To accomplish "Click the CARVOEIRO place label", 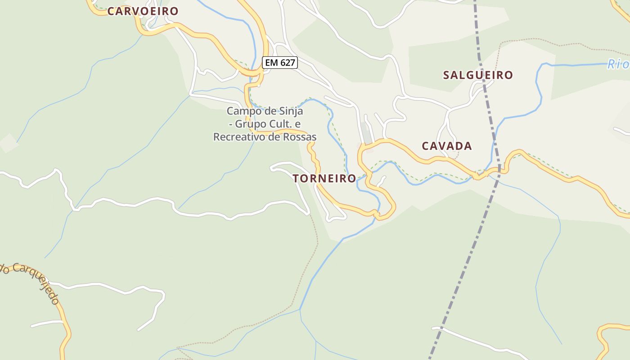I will [x=143, y=11].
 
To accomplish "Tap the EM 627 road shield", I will [x=280, y=63].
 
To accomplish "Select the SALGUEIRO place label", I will [x=478, y=75].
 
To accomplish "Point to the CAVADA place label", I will [x=447, y=146].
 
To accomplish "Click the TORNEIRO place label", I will [x=324, y=179].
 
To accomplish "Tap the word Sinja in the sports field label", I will [x=290, y=111].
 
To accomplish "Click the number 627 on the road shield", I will [x=287, y=63].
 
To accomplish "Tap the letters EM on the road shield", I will [x=271, y=63].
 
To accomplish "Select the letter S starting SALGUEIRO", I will [x=446, y=75].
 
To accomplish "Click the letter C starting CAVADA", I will [x=425, y=146].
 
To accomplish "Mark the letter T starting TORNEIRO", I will [x=296, y=179].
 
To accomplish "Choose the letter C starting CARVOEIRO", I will [x=111, y=11].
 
